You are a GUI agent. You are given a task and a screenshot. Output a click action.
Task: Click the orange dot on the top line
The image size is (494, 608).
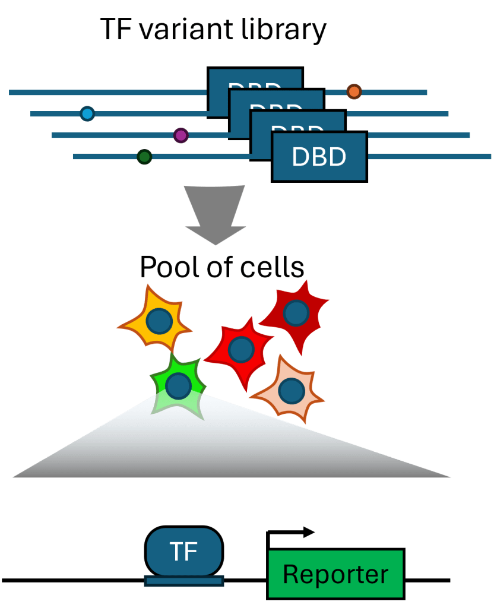click(x=354, y=91)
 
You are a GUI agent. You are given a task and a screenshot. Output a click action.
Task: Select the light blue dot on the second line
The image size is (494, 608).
click(x=87, y=113)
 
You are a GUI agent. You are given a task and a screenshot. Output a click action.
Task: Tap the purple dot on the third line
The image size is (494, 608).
click(x=180, y=135)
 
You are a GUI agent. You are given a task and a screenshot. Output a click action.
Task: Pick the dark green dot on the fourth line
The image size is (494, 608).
click(x=144, y=157)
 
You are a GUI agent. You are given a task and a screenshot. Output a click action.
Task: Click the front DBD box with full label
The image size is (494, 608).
click(x=319, y=157)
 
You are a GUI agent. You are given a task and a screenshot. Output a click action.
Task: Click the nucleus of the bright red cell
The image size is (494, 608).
click(x=240, y=350)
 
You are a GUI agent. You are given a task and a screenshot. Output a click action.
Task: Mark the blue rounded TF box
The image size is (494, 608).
click(x=184, y=552)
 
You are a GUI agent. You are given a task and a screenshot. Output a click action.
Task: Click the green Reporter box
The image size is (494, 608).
click(x=336, y=574)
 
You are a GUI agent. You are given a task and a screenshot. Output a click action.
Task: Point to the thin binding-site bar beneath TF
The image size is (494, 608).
click(x=184, y=581)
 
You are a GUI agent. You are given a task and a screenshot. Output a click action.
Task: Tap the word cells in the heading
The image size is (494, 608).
click(x=272, y=268)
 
